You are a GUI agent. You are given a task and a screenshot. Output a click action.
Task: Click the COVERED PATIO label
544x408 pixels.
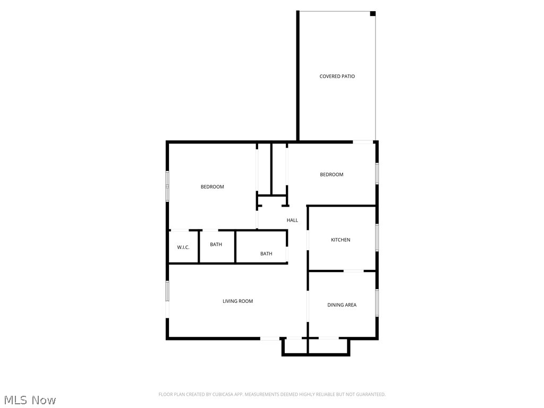[x=337, y=76]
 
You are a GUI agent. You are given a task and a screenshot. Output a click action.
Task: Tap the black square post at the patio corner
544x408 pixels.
[x=373, y=14]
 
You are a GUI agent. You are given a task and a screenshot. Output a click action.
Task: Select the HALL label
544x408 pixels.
[x=292, y=220]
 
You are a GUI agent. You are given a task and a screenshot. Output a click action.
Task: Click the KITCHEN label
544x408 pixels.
[x=341, y=240]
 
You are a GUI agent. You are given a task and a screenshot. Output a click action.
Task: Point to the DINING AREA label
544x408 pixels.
[x=342, y=305]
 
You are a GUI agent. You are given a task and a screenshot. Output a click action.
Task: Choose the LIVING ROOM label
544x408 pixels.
[x=237, y=301]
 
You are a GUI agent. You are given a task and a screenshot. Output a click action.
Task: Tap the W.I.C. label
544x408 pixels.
[x=183, y=248]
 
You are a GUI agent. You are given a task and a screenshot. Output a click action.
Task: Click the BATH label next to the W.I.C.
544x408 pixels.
[x=216, y=245]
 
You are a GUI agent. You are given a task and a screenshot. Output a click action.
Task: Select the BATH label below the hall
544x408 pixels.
[x=266, y=254]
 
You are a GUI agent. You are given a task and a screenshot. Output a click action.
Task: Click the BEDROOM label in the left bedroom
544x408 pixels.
[x=212, y=187]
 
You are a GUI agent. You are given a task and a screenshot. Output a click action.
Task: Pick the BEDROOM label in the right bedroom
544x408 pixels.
[x=331, y=175]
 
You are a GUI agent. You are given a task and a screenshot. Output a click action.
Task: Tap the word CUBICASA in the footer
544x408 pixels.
[x=219, y=394]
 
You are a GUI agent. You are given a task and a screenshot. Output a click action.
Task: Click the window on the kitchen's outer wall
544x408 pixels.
[x=377, y=237]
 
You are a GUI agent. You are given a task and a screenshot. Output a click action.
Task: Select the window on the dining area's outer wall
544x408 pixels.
[x=377, y=302]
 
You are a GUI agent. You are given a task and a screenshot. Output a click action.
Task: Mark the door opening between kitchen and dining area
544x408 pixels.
[x=353, y=271]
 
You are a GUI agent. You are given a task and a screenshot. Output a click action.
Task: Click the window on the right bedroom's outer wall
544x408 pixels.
[x=377, y=173]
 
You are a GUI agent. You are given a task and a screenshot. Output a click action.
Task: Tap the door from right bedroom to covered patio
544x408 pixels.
[x=363, y=142]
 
